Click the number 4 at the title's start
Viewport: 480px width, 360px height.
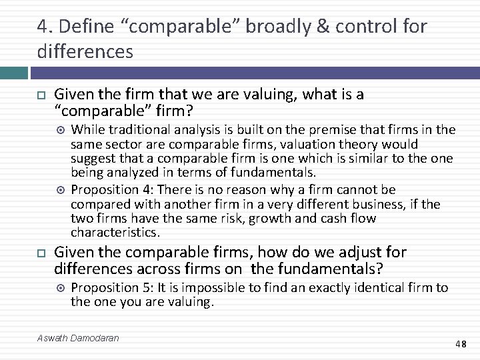point(41,27)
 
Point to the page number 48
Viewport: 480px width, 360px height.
point(461,344)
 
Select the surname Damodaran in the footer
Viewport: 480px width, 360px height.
point(95,338)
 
